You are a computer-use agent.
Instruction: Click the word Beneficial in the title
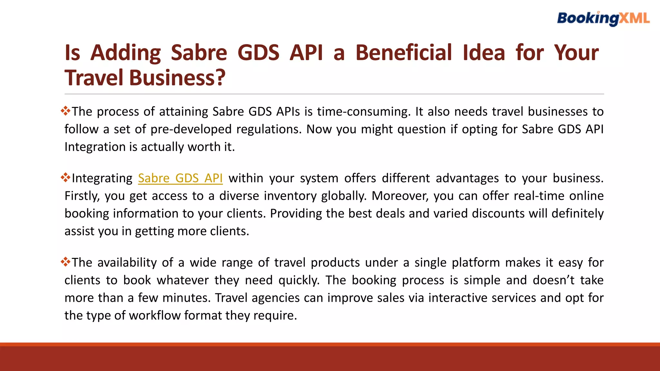tap(404, 53)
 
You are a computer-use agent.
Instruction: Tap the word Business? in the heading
tap(177, 78)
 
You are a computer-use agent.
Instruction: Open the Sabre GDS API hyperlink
tap(180, 178)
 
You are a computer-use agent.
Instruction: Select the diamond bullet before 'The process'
tap(65, 111)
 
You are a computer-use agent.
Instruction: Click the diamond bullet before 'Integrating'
tap(65, 178)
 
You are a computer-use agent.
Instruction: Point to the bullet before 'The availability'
tap(65, 262)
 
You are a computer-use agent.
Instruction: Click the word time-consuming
tap(364, 112)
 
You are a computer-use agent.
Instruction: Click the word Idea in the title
tap(484, 53)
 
